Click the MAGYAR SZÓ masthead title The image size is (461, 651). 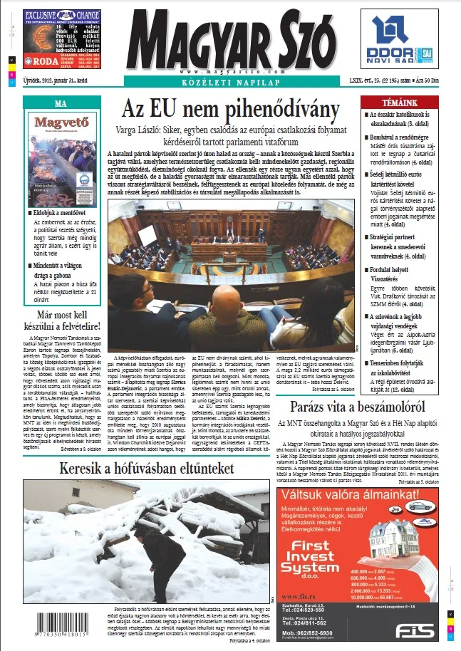pos(230,36)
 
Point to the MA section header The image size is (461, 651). pos(61,104)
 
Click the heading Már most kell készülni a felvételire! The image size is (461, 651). pos(61,318)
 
